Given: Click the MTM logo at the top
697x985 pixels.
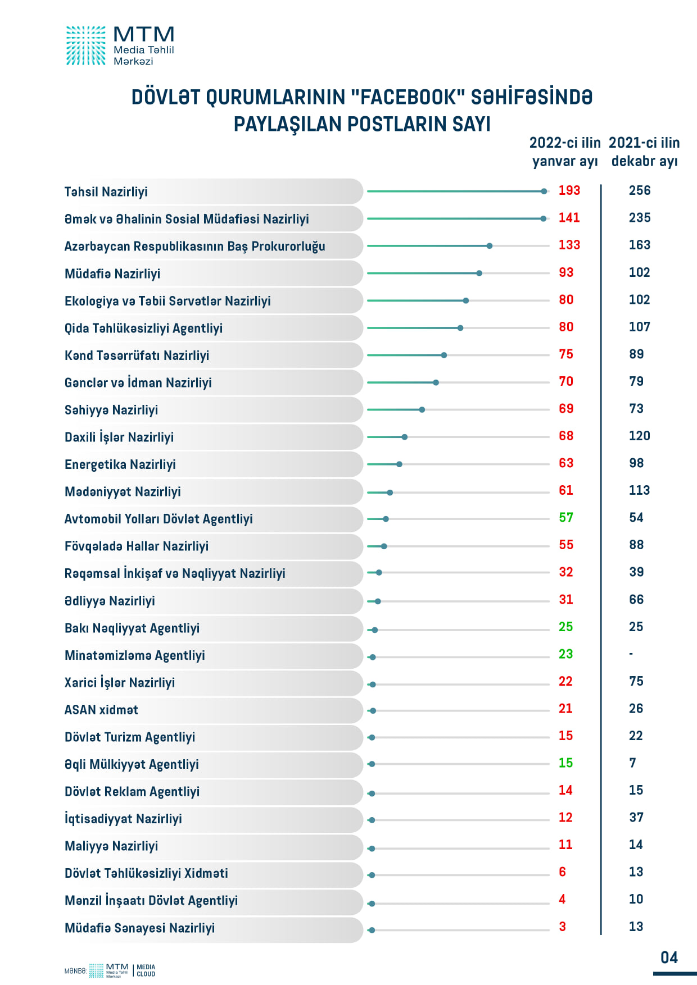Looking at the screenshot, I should click(120, 45).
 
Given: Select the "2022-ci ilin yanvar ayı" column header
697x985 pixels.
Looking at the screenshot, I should click(565, 152).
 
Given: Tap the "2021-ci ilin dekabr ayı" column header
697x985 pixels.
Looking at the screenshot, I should click(644, 152).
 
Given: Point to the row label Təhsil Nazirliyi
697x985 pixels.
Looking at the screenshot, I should click(106, 192).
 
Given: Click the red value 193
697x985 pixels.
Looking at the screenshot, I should click(569, 190).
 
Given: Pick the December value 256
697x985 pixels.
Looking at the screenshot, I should click(640, 190).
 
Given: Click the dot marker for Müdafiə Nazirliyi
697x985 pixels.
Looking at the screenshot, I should click(479, 273).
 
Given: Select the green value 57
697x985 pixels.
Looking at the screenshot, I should click(566, 518).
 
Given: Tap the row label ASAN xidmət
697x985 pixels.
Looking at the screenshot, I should click(101, 710).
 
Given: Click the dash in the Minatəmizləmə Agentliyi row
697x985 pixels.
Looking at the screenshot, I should click(631, 654).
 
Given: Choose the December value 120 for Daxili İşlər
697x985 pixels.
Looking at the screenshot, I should click(639, 436).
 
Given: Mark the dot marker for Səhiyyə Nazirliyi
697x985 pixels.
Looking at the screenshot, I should click(422, 410).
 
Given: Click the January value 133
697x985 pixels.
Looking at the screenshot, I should click(569, 245).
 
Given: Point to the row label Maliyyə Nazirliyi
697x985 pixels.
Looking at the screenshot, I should click(111, 846).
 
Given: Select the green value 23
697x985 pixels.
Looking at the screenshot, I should click(565, 654).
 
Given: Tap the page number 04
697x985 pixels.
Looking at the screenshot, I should click(669, 957).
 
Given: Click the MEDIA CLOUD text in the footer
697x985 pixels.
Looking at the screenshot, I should click(146, 971).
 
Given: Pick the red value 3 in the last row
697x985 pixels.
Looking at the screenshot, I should click(562, 927).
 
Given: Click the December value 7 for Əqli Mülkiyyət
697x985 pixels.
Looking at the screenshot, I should click(632, 763).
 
